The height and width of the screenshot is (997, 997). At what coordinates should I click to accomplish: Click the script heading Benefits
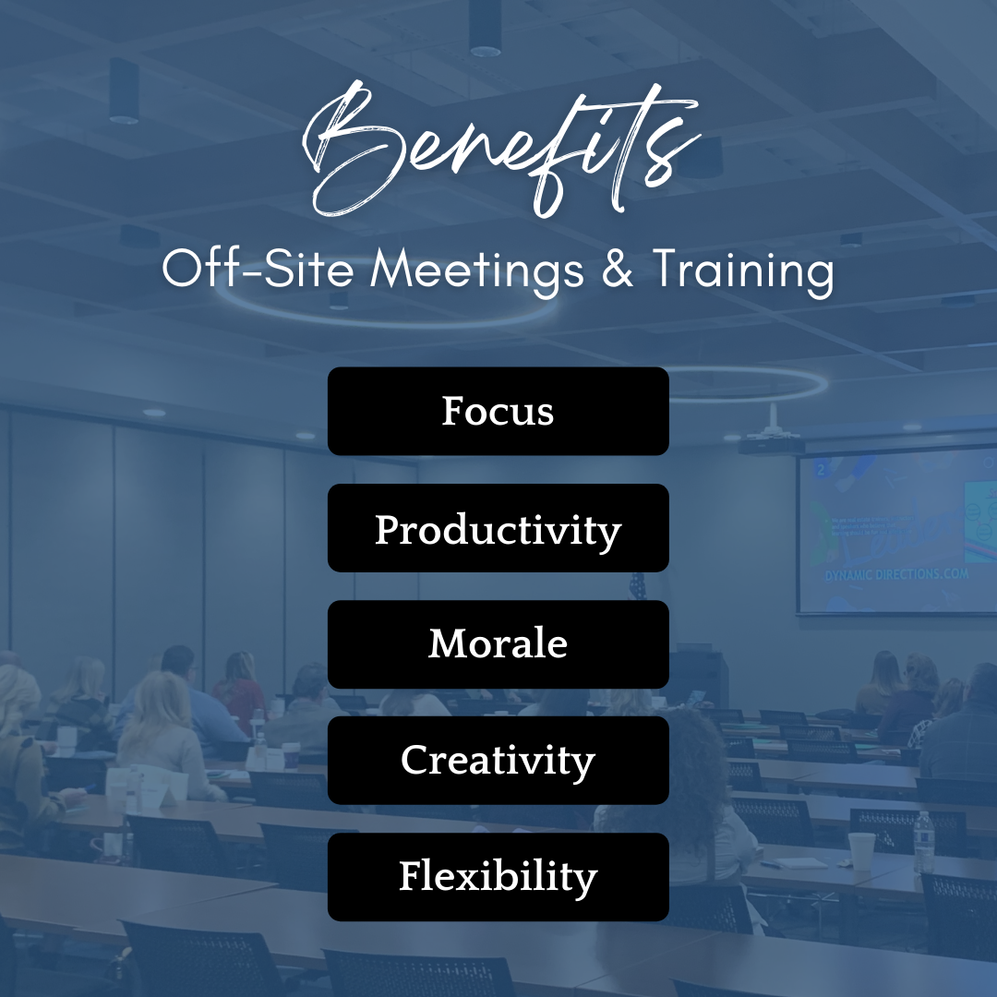pyautogui.click(x=499, y=150)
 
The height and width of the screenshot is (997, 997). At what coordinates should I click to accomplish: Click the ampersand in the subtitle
pyautogui.click(x=618, y=268)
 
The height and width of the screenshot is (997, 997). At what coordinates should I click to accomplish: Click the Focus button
pyautogui.click(x=498, y=411)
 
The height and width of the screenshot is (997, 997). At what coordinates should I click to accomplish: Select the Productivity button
pyautogui.click(x=498, y=528)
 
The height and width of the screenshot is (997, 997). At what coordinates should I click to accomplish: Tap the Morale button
pyautogui.click(x=498, y=644)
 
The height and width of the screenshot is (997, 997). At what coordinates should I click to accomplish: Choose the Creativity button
pyautogui.click(x=498, y=761)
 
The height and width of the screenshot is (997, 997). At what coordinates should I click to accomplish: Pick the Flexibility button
pyautogui.click(x=498, y=877)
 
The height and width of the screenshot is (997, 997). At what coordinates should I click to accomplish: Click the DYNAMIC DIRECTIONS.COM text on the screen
pyautogui.click(x=896, y=575)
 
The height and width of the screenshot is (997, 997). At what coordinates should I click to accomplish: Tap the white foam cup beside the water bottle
pyautogui.click(x=862, y=851)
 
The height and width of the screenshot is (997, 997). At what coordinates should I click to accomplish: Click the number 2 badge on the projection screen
pyautogui.click(x=821, y=470)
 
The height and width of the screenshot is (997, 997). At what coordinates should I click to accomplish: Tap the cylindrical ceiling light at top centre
pyautogui.click(x=485, y=29)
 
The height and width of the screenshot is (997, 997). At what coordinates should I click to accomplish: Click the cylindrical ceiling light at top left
pyautogui.click(x=124, y=90)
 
